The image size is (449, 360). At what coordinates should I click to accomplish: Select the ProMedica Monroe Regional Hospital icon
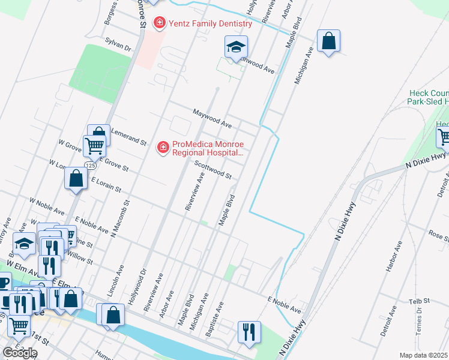[162, 147]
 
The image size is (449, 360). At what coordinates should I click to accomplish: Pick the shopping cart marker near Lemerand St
[94, 145]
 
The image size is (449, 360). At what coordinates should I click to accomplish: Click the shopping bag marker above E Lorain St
[76, 179]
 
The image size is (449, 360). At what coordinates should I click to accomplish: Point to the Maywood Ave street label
[212, 118]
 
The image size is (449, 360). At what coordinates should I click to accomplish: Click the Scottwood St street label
[212, 169]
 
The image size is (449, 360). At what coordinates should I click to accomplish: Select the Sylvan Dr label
[118, 44]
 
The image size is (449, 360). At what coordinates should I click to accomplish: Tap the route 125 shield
[90, 165]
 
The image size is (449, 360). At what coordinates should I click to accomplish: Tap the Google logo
[20, 353]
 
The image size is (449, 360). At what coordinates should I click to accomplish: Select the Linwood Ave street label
[256, 65]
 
